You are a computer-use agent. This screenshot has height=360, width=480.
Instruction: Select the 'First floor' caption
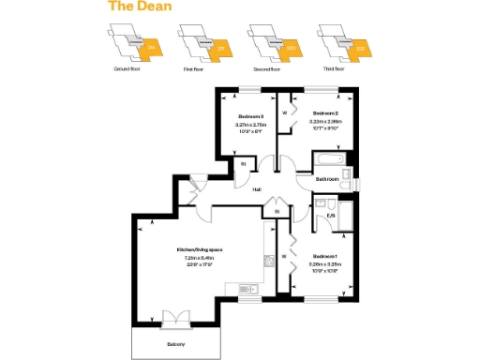[193, 69]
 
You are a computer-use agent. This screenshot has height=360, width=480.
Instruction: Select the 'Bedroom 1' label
[325, 256]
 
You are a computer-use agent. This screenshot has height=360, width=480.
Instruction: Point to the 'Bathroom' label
[326, 177]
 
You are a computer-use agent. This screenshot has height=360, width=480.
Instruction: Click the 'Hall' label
[257, 189]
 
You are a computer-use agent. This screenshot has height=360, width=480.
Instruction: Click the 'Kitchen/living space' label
[200, 249]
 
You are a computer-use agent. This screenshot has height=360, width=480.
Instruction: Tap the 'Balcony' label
[176, 345]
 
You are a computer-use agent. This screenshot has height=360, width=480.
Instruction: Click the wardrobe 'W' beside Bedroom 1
[283, 256]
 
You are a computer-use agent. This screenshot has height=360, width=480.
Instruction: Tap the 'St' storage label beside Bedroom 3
[243, 165]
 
